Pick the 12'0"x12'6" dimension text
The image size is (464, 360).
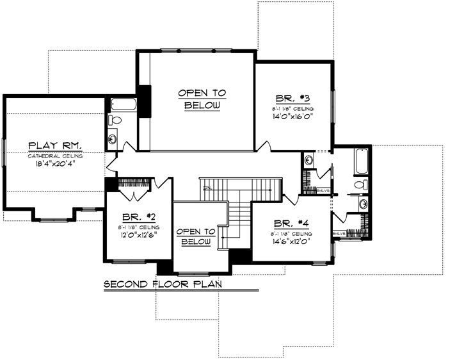tap(138, 234)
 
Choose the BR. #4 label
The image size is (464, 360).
tap(291, 224)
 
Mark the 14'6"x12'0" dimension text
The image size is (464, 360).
tap(292, 242)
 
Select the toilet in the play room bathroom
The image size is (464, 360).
tap(115, 120)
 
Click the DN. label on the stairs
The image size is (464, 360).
tap(207, 188)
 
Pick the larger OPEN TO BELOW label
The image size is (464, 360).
tap(202, 99)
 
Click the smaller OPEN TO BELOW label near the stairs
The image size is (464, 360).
tap(196, 236)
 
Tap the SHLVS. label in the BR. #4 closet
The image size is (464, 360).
tap(339, 234)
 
